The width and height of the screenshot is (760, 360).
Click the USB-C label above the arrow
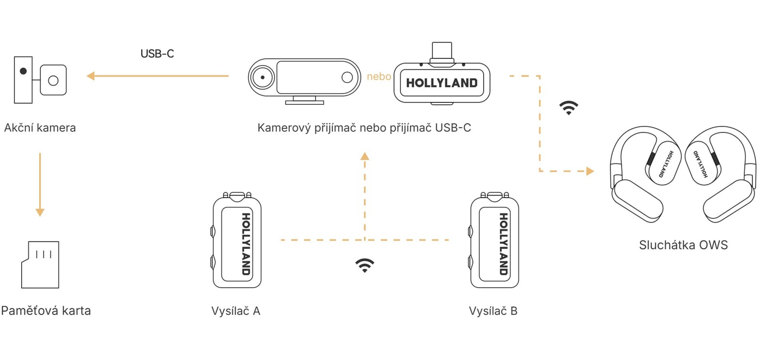[157, 54]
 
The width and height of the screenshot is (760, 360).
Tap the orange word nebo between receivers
[379, 77]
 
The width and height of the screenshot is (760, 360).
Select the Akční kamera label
[40, 128]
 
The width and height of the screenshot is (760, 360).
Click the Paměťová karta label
[46, 311]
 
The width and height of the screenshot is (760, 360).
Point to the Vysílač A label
[236, 311]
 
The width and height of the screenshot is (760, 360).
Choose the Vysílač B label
[493, 311]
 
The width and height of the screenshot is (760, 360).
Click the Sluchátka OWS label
[683, 245]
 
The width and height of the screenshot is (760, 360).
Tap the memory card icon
[40, 264]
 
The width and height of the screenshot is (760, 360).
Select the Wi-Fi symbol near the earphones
[569, 108]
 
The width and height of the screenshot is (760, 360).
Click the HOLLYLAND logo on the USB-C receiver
[442, 83]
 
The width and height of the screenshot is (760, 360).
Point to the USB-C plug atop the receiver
[442, 53]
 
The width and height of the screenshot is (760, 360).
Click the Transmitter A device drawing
[237, 240]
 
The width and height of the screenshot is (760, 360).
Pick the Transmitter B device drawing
[495, 240]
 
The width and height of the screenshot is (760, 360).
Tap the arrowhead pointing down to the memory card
[40, 212]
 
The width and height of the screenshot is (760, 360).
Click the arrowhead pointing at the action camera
[91, 76]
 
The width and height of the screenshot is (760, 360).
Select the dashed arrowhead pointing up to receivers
[365, 156]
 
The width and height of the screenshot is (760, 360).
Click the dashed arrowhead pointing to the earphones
[591, 171]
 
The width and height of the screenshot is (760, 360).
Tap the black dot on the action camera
[23, 71]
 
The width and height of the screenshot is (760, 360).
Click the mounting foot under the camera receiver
[305, 101]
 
